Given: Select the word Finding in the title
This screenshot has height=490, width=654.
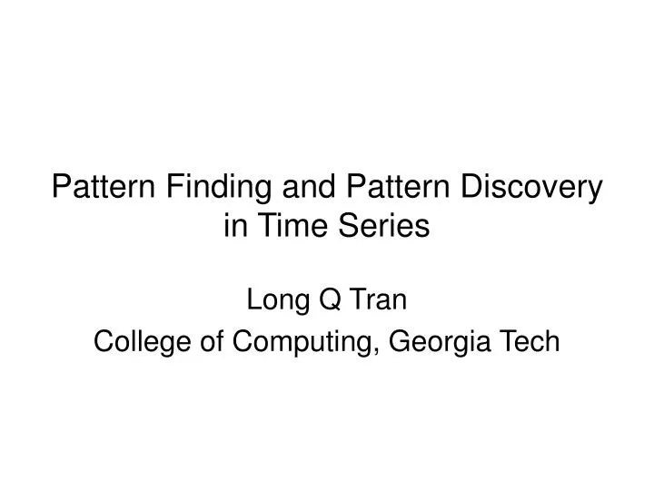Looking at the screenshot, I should (215, 188).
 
